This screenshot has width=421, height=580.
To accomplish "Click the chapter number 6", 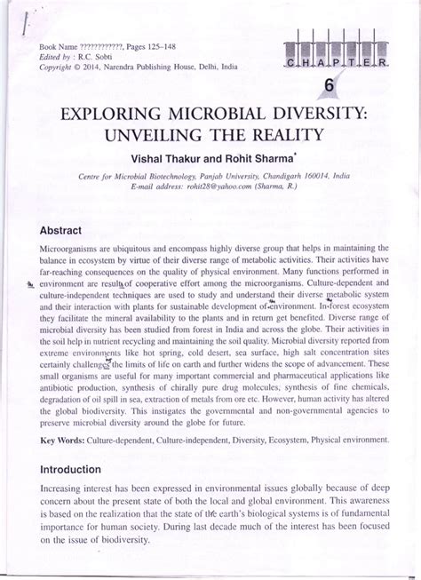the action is tap(329, 86).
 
